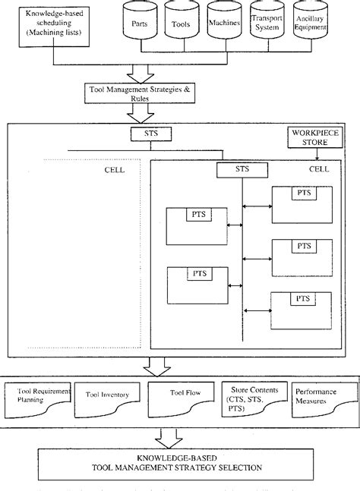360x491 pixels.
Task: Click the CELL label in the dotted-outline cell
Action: tap(115, 170)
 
